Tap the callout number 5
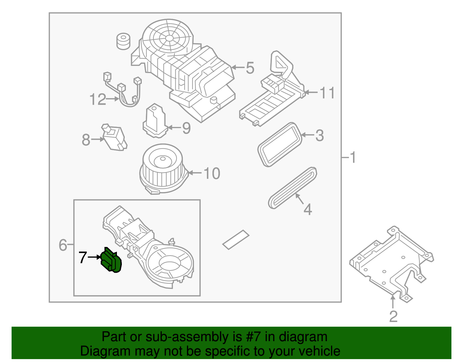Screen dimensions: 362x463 [250, 68]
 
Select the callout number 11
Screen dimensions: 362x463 [327, 93]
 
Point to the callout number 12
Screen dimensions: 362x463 [98, 99]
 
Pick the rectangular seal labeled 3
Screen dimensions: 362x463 [280, 145]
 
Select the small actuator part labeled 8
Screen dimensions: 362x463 [114, 139]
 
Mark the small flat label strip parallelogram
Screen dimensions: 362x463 [236, 240]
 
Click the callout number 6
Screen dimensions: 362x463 [63, 245]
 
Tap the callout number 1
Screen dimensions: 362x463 [352, 157]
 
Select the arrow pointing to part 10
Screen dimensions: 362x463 [194, 173]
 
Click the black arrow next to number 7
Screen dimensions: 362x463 [94, 257]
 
